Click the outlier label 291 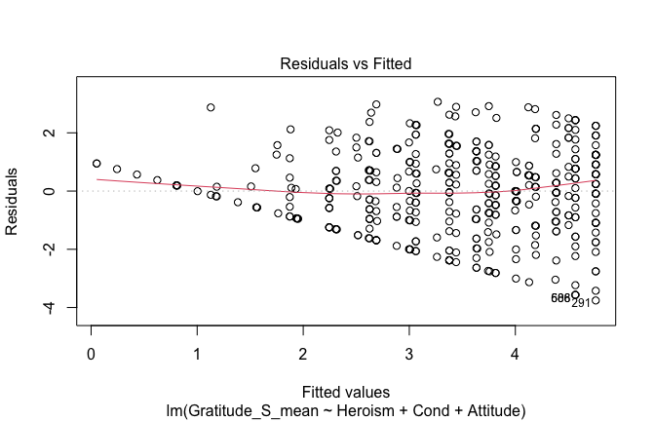pyautogui.click(x=581, y=303)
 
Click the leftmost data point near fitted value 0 pyautogui.click(x=96, y=164)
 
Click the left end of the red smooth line pyautogui.click(x=96, y=179)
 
